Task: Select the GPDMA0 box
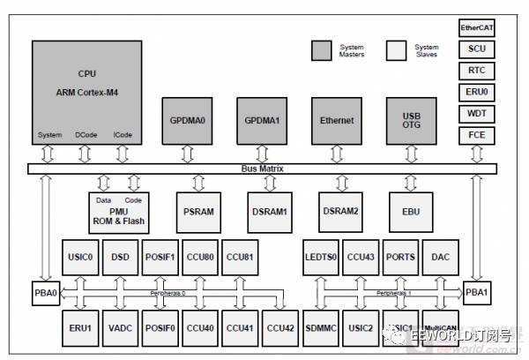(x=188, y=121)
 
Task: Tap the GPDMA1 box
(x=263, y=121)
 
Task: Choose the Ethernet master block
(x=337, y=121)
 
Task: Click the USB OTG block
(x=413, y=121)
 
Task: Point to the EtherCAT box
(x=477, y=28)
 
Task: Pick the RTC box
(x=477, y=71)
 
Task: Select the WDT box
(x=477, y=114)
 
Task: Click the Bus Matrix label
(x=263, y=168)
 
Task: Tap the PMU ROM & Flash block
(x=120, y=212)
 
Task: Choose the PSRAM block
(x=196, y=212)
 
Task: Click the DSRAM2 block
(x=339, y=212)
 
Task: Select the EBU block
(x=411, y=212)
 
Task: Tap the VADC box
(x=120, y=327)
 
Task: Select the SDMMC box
(x=319, y=327)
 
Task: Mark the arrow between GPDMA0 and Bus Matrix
(x=188, y=154)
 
